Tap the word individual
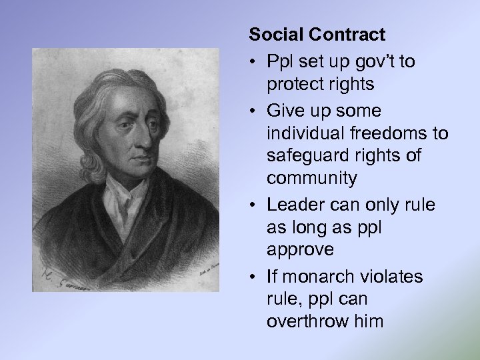[306, 133]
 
